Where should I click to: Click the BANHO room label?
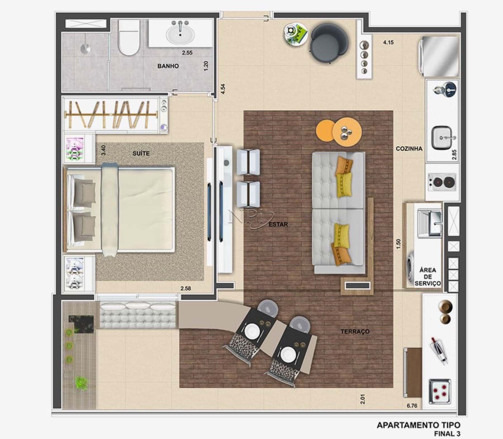[x=168, y=66]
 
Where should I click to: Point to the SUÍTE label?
[x=141, y=153]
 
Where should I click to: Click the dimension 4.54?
[x=223, y=89]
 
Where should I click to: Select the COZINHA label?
[x=409, y=149]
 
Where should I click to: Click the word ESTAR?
[x=278, y=224]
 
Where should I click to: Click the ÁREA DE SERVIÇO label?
[x=428, y=277]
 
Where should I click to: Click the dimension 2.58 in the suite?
[x=186, y=288]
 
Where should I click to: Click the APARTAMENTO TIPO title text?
[x=418, y=425]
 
